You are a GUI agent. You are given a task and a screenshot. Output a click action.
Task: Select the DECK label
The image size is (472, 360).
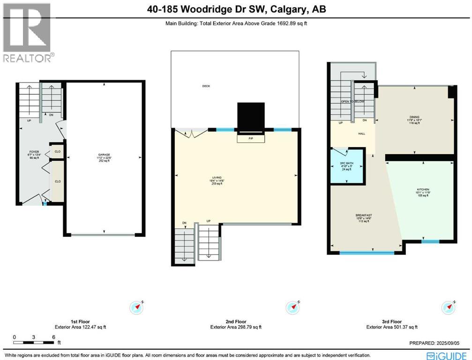point(206,86)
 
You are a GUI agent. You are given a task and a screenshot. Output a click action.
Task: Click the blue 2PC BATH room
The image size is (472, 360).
point(347,166)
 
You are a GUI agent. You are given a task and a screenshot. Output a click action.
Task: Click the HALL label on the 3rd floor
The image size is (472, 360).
point(349,134)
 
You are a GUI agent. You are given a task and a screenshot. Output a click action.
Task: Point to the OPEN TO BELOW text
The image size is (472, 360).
point(352,102)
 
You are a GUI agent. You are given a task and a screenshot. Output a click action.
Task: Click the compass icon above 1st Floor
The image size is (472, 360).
point(136,307)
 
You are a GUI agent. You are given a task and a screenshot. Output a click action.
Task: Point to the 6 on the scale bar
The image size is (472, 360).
point(54,337)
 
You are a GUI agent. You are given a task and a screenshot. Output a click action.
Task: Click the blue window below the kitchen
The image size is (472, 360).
point(429,242)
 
